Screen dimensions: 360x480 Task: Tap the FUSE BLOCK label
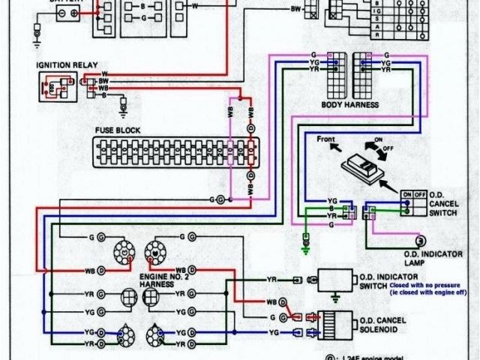coord(119,130)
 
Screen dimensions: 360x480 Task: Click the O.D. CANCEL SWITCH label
coord(448,203)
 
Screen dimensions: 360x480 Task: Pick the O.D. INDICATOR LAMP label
coord(443,257)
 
